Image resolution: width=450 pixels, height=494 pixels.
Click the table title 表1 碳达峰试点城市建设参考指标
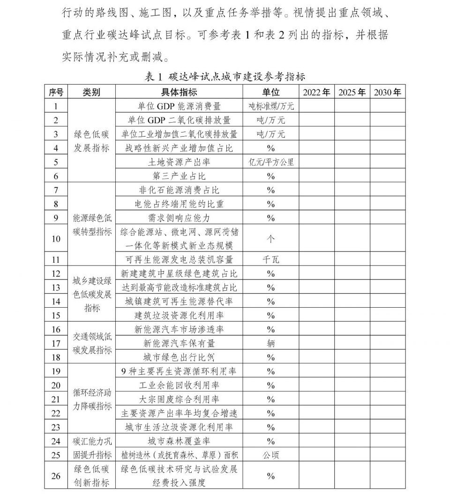[x=225, y=77]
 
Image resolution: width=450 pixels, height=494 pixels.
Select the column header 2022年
[x=316, y=92]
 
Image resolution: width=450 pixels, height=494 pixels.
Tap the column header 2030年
[x=387, y=92]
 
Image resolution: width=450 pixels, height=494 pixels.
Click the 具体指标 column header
[x=179, y=92]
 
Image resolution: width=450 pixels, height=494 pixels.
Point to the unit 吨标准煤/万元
[x=271, y=106]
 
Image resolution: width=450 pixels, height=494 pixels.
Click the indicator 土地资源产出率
[x=179, y=162]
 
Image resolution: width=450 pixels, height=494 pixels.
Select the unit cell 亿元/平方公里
[x=271, y=162]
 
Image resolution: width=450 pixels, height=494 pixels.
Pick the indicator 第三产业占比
[x=179, y=176]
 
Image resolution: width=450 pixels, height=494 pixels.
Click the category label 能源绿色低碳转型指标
[x=92, y=225]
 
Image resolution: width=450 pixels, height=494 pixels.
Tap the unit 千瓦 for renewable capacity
[x=271, y=259]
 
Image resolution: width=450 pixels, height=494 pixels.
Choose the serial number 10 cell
[x=56, y=239]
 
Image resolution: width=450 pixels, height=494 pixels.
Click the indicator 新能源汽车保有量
[x=179, y=343]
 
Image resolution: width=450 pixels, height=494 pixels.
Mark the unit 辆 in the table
[x=271, y=343]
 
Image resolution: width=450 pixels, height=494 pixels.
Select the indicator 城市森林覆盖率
[x=179, y=441]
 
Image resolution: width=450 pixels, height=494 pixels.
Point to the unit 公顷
[x=271, y=455]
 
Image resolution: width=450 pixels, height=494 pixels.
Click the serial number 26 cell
[x=56, y=476]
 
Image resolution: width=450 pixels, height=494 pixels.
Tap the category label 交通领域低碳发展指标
[x=92, y=343]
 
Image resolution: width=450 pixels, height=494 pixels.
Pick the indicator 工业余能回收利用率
[x=179, y=385]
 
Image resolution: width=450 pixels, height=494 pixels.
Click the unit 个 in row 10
[x=271, y=239]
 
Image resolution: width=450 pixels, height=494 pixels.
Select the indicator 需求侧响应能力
[x=179, y=218]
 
